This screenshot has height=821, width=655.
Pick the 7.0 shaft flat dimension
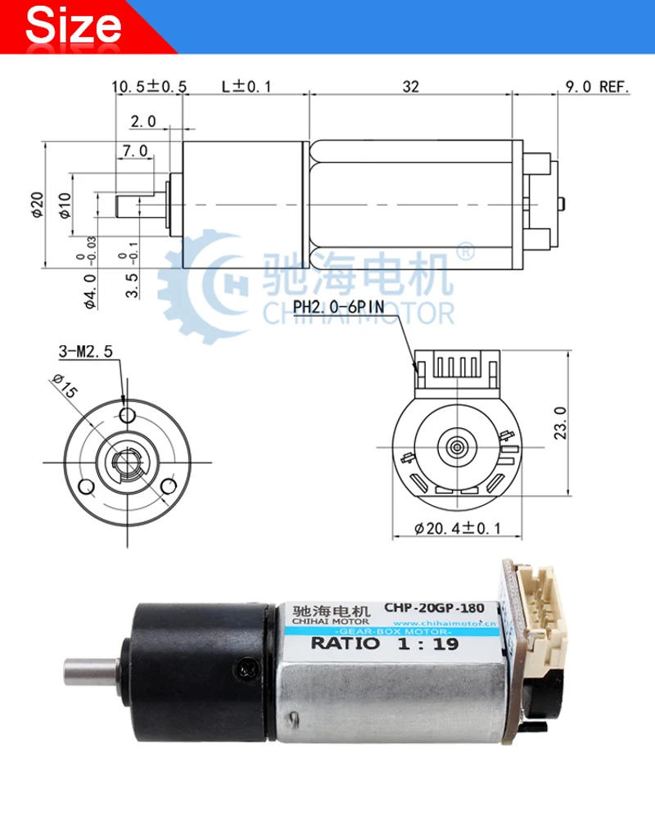point(134,151)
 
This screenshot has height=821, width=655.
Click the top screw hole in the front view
point(126,416)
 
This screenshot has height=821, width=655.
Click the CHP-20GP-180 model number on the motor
point(433,609)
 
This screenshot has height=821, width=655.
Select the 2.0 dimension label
point(143,121)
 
